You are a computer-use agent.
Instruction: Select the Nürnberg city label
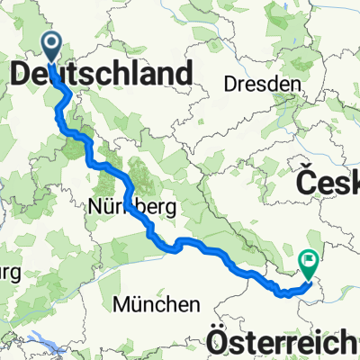(x=132, y=208)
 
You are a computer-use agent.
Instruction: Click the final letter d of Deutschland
(x=184, y=74)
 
